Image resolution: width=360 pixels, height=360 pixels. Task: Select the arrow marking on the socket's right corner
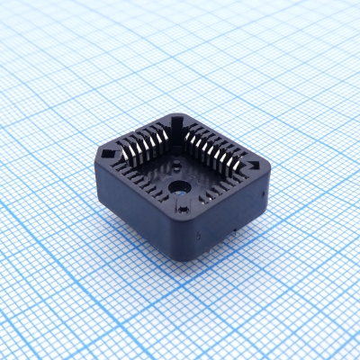(x=258, y=167)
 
